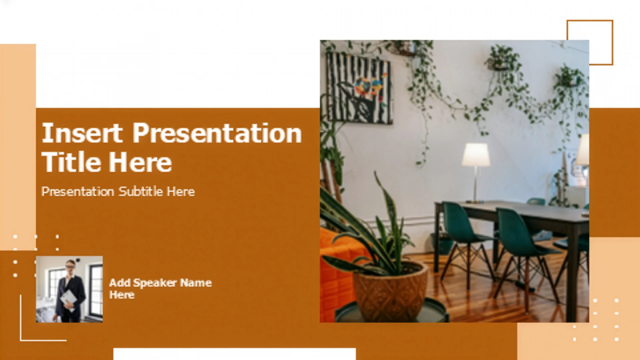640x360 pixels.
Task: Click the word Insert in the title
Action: [x=82, y=133]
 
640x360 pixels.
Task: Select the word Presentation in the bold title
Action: [x=217, y=133]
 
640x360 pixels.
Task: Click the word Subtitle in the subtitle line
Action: [x=141, y=191]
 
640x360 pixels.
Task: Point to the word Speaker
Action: [x=155, y=283]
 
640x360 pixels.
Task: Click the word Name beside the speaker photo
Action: [x=196, y=283]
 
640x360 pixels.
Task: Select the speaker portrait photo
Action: [x=69, y=289]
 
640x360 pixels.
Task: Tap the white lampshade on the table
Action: [x=476, y=154]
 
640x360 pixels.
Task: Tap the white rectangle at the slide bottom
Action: [x=235, y=354]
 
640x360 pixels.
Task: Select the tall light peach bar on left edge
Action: [x=18, y=147]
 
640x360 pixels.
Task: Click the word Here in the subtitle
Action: [x=181, y=192]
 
